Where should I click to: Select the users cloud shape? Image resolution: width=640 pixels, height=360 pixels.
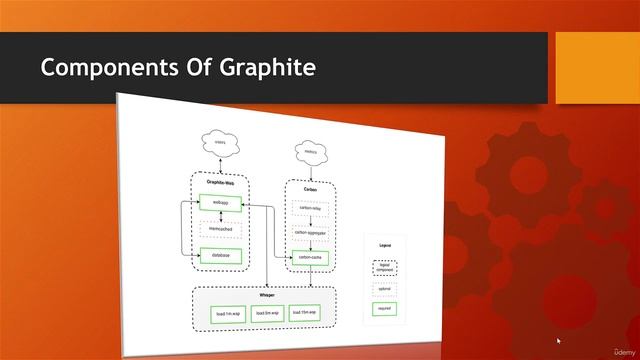coord(220,144)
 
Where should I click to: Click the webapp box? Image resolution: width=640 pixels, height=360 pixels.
coord(220,203)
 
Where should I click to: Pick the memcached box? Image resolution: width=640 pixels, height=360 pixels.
coord(220,228)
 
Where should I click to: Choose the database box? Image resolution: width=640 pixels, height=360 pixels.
coord(220,255)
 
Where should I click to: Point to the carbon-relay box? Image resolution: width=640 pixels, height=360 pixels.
coord(309,209)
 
